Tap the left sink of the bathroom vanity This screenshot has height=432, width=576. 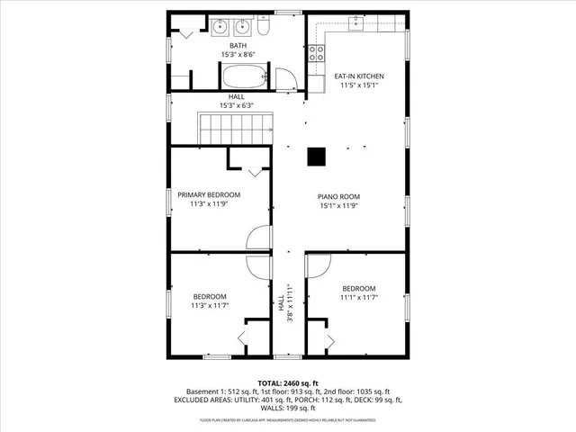(x=220, y=27)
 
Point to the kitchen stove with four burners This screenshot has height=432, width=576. (x=316, y=54)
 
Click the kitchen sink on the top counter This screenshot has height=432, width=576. (x=356, y=22)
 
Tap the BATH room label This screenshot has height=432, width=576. (x=238, y=45)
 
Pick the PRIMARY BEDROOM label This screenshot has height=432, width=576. (x=209, y=194)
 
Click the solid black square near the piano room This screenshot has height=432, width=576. (x=316, y=157)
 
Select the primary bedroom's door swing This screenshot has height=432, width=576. (x=258, y=236)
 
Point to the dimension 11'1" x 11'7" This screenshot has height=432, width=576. (x=358, y=297)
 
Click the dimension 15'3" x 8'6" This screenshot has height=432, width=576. (x=238, y=55)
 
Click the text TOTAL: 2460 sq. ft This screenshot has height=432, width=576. (x=288, y=382)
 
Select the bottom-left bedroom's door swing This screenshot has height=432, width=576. (x=257, y=267)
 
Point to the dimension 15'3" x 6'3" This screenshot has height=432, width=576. (x=237, y=105)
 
